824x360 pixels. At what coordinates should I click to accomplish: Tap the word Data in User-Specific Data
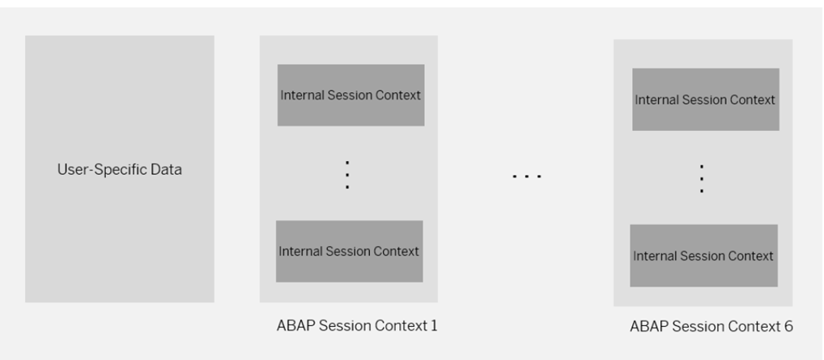165,170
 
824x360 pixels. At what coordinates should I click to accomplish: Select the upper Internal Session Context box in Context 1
350,95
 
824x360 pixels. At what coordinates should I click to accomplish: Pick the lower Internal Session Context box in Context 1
349,252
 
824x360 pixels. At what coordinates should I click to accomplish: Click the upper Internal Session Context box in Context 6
705,100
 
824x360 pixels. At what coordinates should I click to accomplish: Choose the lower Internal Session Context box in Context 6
703,256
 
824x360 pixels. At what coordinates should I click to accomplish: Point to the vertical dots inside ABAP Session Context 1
347,175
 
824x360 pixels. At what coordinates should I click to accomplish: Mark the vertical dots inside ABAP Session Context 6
702,178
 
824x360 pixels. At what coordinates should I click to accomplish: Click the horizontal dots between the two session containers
527,175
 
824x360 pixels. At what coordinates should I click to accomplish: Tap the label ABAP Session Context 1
357,326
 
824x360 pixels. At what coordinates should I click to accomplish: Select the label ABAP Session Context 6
711,327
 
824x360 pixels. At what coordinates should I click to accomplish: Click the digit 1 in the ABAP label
434,326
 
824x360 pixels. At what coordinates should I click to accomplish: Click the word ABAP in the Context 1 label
293,326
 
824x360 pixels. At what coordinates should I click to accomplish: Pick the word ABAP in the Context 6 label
647,327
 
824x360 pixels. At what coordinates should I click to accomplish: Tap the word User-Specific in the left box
96,170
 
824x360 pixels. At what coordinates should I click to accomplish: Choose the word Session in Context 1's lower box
349,252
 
